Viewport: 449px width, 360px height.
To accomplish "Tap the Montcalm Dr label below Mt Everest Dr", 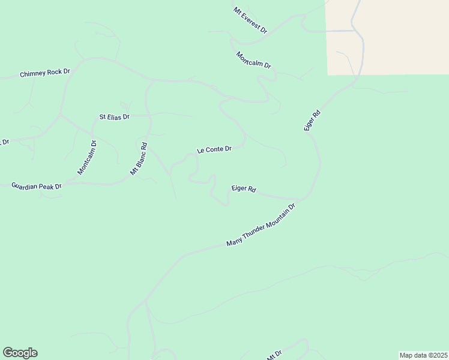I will [x=253, y=60].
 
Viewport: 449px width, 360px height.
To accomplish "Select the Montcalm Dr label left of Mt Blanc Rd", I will [x=86, y=157].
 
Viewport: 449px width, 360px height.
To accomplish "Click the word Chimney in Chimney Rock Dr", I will [x=33, y=73].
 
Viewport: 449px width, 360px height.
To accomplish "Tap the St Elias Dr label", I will [x=114, y=116].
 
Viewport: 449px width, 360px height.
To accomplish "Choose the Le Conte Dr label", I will [x=214, y=149].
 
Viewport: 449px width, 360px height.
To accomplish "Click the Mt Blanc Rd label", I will [x=139, y=158].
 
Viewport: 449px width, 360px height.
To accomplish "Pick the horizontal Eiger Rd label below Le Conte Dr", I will [x=244, y=188].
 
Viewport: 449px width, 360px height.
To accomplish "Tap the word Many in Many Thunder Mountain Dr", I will [x=234, y=242].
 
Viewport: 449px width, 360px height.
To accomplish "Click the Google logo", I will [x=20, y=353].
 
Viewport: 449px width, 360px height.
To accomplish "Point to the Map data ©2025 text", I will [x=424, y=355].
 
